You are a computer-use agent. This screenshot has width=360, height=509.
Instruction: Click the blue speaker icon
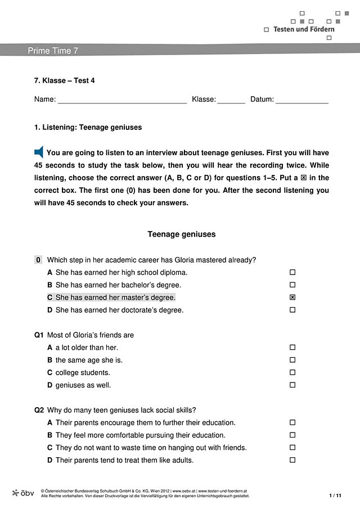pos(39,152)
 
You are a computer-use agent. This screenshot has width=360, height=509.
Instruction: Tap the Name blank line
pos(122,102)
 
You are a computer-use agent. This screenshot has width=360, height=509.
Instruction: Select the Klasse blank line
pos(231,102)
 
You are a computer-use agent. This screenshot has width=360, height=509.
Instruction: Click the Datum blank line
pos(301,102)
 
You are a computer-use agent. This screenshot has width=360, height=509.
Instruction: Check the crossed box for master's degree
pos(292,297)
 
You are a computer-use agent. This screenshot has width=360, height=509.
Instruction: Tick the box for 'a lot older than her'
pos(292,348)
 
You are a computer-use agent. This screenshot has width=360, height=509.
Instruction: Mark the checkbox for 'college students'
pos(292,372)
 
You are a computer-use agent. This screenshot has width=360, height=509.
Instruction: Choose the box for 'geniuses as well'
pos(292,385)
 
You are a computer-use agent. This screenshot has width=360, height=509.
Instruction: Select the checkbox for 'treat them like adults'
pos(292,460)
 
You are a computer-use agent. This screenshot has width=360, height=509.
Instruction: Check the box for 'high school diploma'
pos(292,272)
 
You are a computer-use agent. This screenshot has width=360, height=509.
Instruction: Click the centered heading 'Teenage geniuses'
pos(181,234)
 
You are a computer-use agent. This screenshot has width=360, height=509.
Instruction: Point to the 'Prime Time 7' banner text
pos(53,51)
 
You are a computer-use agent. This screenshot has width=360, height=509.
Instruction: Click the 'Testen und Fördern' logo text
pos(304,29)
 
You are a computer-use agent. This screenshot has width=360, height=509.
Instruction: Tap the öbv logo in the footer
pos(23,493)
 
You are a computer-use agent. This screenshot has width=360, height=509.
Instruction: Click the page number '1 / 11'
pos(335,495)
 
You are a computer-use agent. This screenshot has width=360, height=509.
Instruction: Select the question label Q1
pos(39,335)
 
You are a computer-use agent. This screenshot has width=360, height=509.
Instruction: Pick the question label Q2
pos(39,410)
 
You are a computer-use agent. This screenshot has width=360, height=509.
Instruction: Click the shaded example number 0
pos(38,260)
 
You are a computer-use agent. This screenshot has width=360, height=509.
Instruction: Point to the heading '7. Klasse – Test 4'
pos(64,80)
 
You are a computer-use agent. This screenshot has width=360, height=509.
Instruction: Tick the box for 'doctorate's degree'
pos(292,310)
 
